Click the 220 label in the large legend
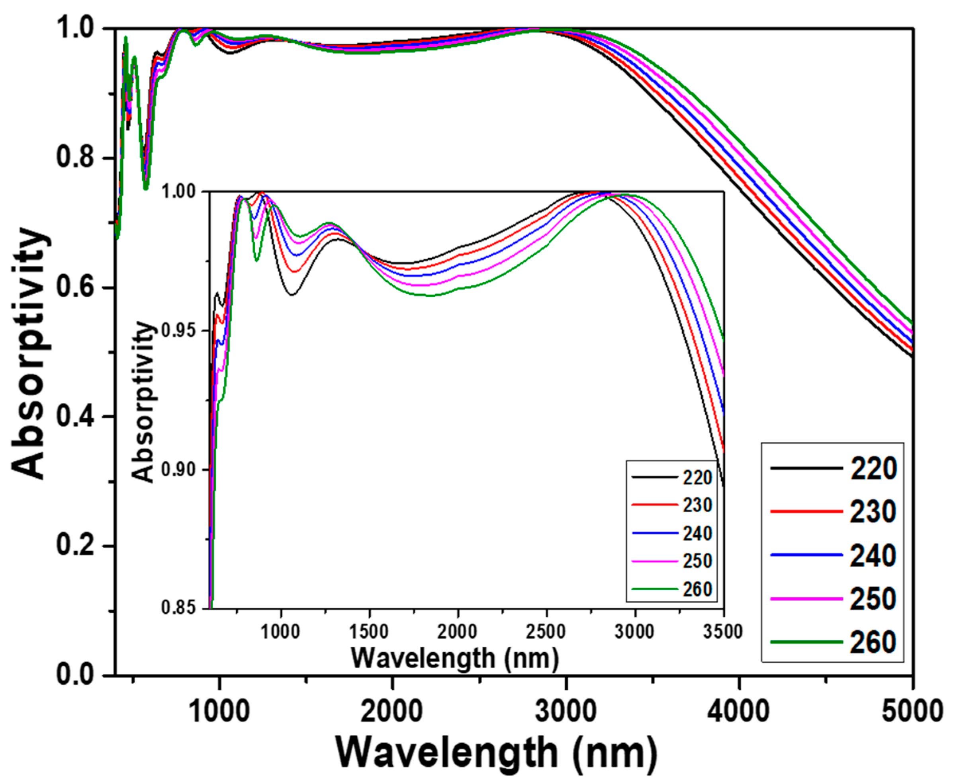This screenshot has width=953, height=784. (873, 468)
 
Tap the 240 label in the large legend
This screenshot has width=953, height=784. (873, 556)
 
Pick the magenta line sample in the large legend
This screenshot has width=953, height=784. (806, 599)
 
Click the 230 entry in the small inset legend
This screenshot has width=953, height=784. (697, 505)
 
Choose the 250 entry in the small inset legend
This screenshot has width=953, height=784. (697, 562)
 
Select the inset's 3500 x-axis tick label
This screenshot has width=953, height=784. (722, 631)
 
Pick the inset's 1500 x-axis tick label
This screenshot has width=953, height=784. (369, 631)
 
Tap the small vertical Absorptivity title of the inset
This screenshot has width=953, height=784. (144, 402)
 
